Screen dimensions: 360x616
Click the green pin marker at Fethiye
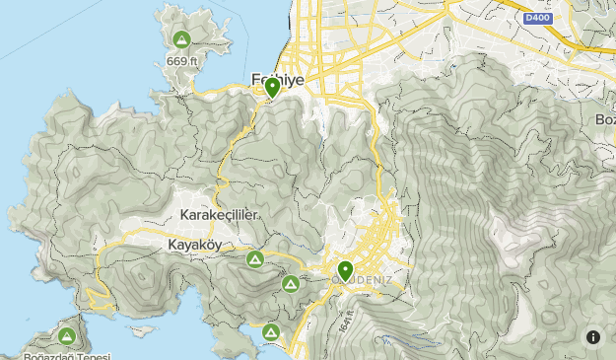[x=272, y=88]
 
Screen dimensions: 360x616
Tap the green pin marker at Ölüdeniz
[x=345, y=269]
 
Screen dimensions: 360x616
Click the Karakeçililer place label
[x=220, y=215]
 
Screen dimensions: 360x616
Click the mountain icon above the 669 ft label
[x=180, y=40]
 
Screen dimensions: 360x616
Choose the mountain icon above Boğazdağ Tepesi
[x=66, y=337]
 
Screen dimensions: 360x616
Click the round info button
[x=593, y=337]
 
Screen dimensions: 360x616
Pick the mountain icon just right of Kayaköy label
[x=254, y=259]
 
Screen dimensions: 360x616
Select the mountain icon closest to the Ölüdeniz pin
[x=291, y=284]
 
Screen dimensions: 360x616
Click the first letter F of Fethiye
[x=254, y=79]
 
